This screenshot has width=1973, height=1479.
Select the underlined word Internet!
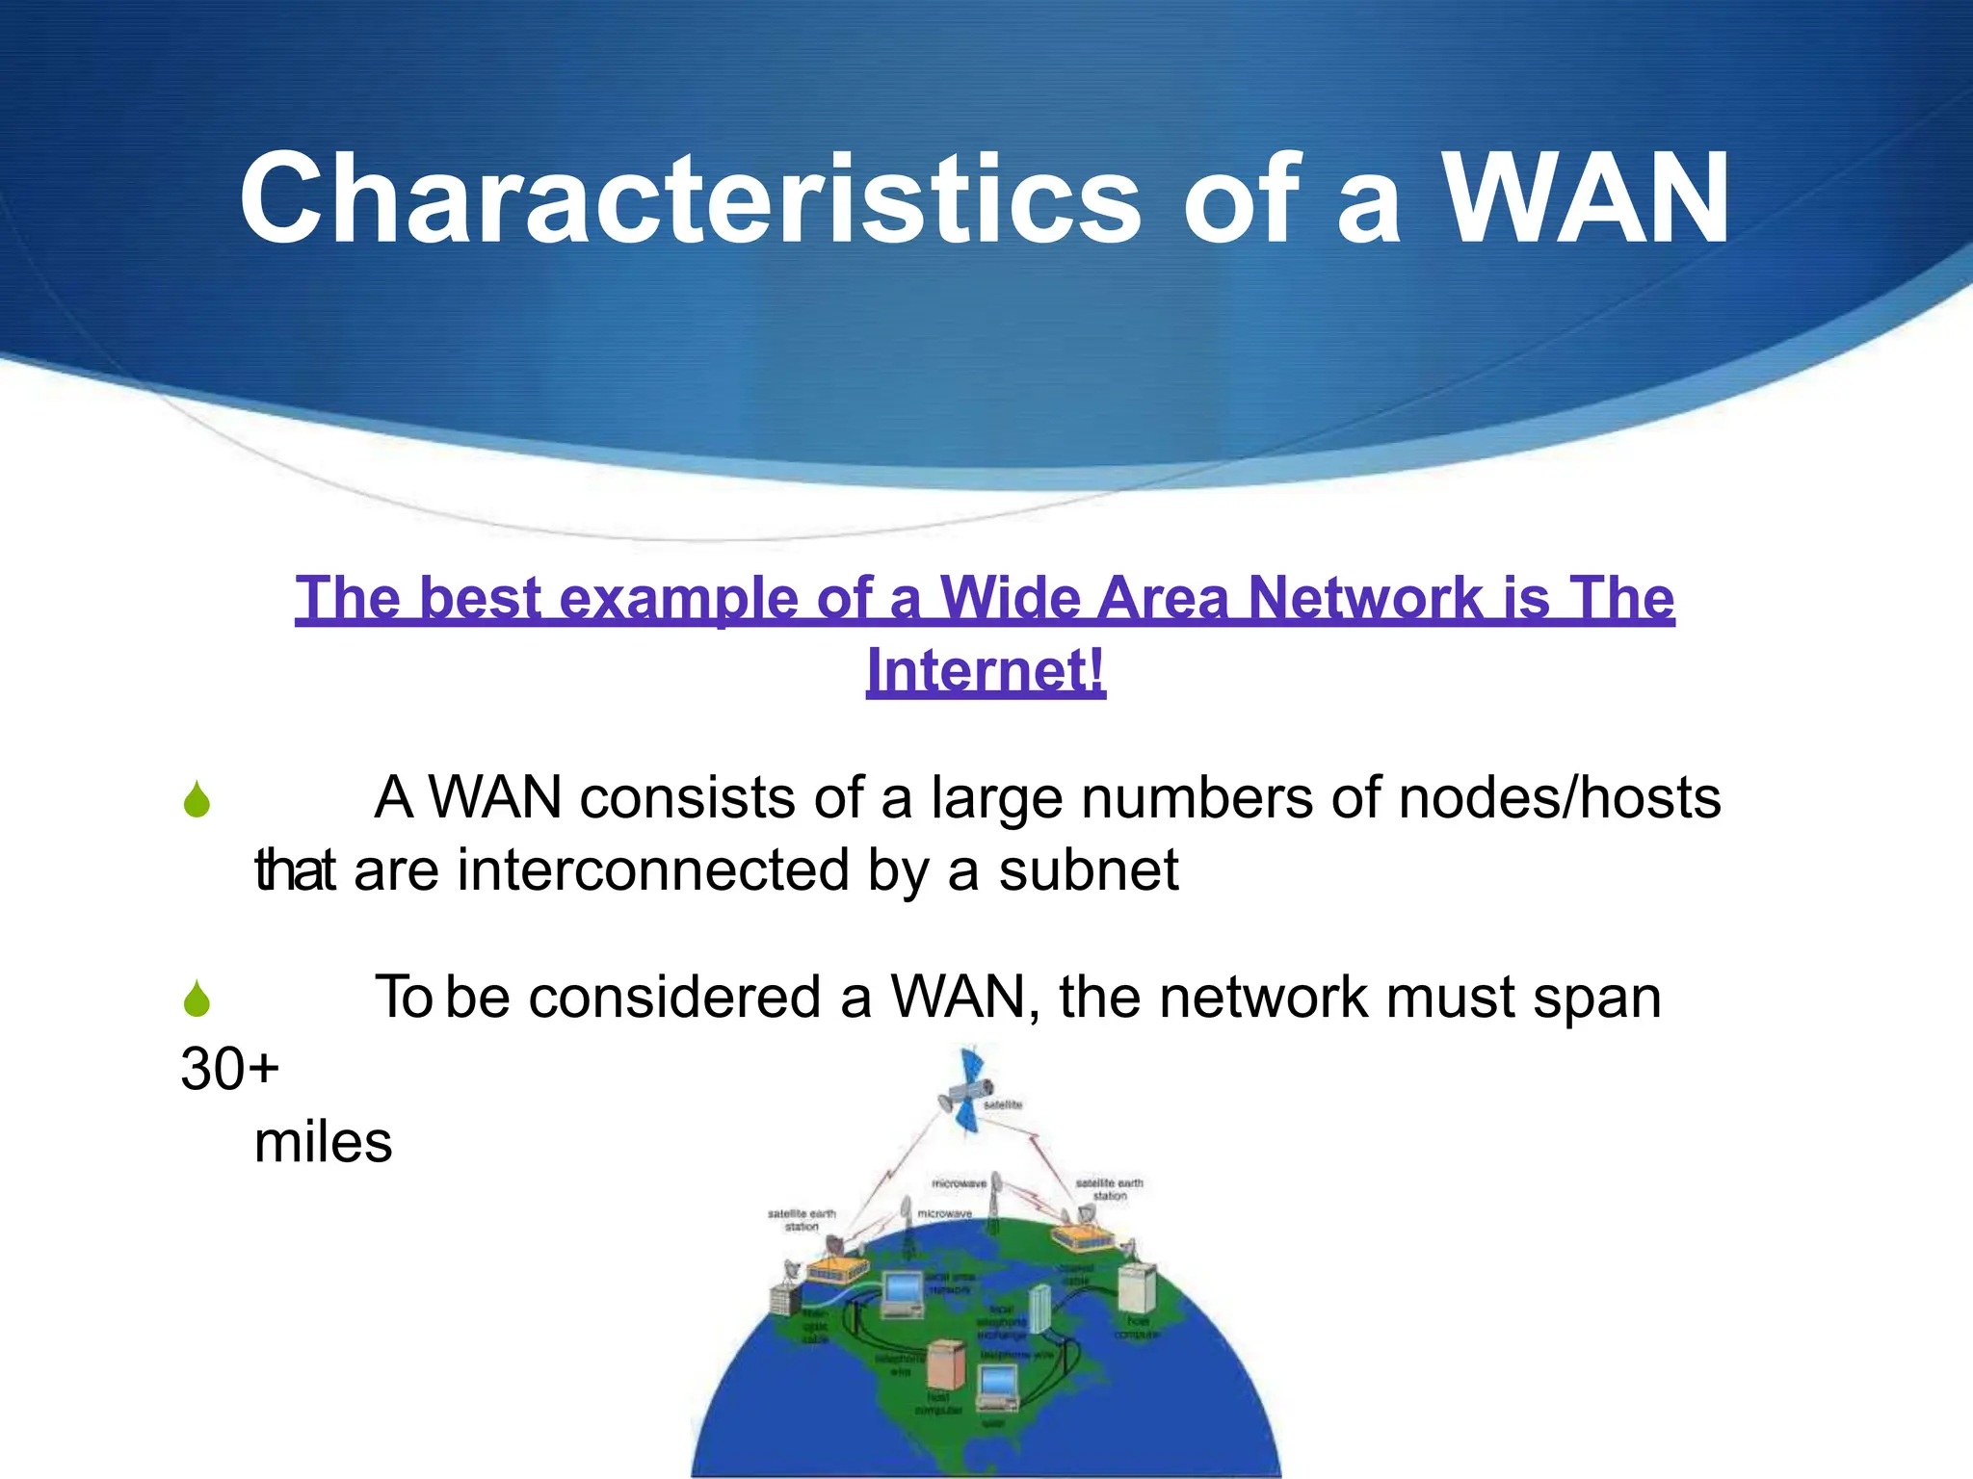pyautogui.click(x=986, y=670)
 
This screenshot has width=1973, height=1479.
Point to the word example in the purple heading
pyautogui.click(x=678, y=598)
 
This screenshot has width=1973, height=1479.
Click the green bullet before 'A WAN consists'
pyautogui.click(x=197, y=800)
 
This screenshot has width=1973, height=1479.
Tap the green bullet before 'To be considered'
pyautogui.click(x=197, y=999)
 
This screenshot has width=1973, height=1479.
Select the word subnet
pyautogui.click(x=1088, y=870)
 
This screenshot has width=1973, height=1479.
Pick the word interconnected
pyautogui.click(x=653, y=870)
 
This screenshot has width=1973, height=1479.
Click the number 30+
pyautogui.click(x=229, y=1069)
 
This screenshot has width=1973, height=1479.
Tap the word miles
pyautogui.click(x=323, y=1143)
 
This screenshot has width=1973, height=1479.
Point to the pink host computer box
pyautogui.click(x=945, y=1362)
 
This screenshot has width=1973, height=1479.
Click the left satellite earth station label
pyautogui.click(x=802, y=1220)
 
